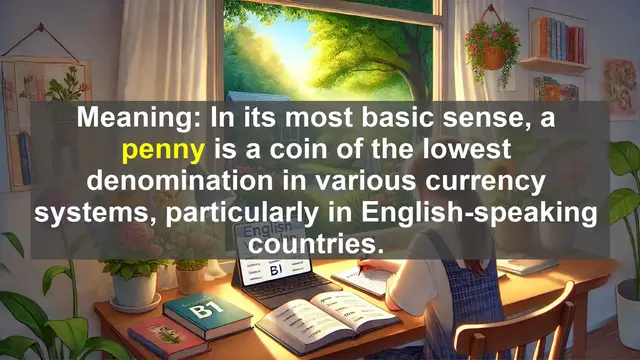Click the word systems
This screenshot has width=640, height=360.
109,215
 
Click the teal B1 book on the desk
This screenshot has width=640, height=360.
208,313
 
